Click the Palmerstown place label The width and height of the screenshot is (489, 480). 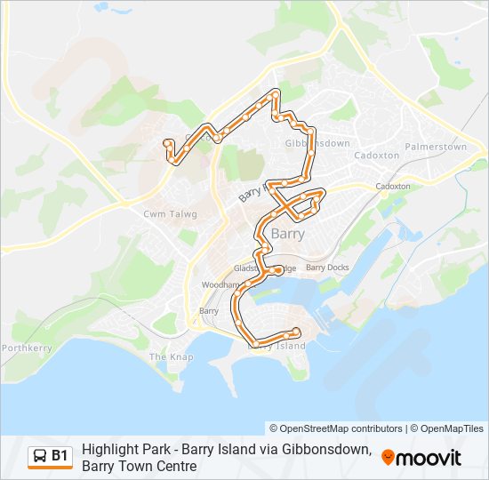tap(435, 147)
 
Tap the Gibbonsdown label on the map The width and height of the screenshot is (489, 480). tap(317, 143)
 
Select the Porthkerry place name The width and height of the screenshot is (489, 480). tap(27, 348)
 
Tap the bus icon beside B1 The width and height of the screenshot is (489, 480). tap(39, 456)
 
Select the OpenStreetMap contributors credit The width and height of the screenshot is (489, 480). tap(336, 428)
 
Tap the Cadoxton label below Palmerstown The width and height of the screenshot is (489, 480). tap(392, 187)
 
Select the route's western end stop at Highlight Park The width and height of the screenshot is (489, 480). tap(167, 143)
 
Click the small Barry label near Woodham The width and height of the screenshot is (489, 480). tap(209, 311)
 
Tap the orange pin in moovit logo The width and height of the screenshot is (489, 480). tap(389, 458)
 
